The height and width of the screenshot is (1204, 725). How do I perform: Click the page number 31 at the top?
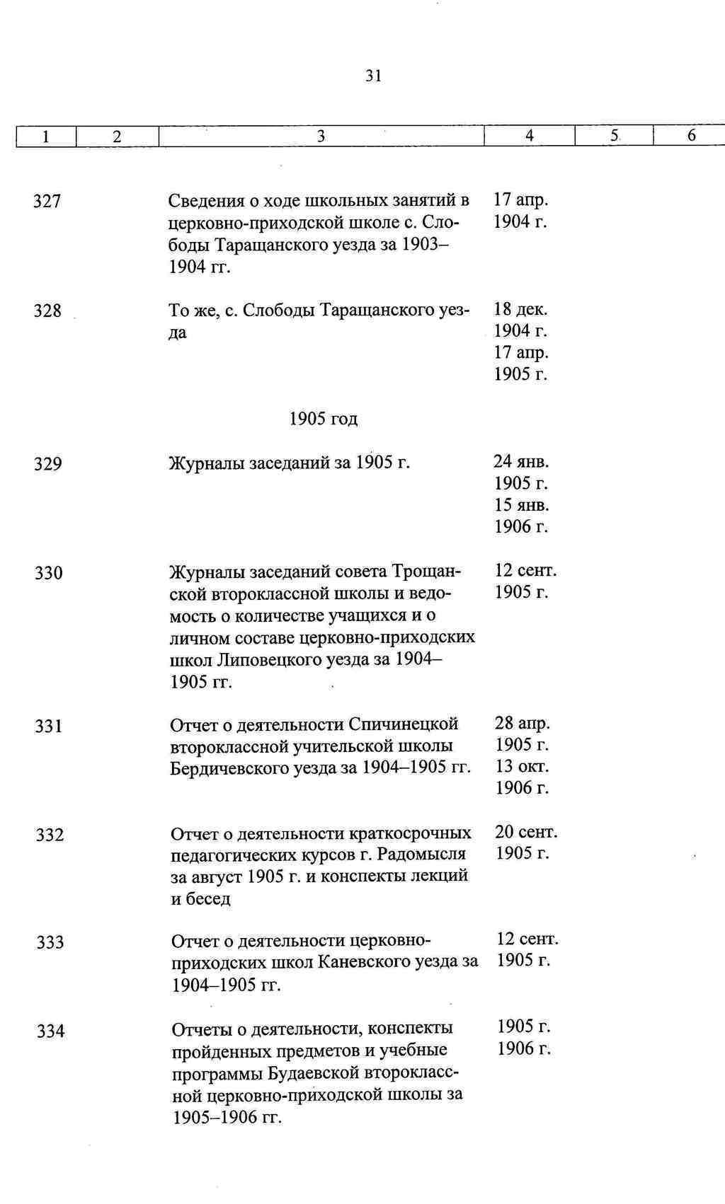click(x=374, y=76)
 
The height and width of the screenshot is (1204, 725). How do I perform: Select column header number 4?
click(x=530, y=135)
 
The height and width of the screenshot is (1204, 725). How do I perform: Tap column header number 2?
click(x=117, y=136)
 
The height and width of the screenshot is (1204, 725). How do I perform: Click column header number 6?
click(x=692, y=135)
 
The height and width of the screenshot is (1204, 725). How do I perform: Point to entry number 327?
click(x=47, y=202)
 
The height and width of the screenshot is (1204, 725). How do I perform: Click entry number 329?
click(x=48, y=464)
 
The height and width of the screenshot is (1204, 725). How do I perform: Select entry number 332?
click(x=50, y=835)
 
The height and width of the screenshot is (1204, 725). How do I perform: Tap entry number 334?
click(x=51, y=1031)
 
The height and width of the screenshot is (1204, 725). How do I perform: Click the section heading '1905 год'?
click(x=324, y=419)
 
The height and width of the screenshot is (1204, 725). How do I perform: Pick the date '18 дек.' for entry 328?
click(x=521, y=309)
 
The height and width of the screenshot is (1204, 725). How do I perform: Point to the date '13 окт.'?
click(x=523, y=766)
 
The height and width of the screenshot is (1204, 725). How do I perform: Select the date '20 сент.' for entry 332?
click(x=526, y=832)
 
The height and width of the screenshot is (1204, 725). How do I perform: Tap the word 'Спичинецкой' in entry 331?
click(x=404, y=724)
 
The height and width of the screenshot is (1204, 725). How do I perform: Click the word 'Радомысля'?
click(x=421, y=854)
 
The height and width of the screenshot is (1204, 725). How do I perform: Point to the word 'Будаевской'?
click(x=312, y=1072)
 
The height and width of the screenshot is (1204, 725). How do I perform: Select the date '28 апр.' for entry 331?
click(x=523, y=723)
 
